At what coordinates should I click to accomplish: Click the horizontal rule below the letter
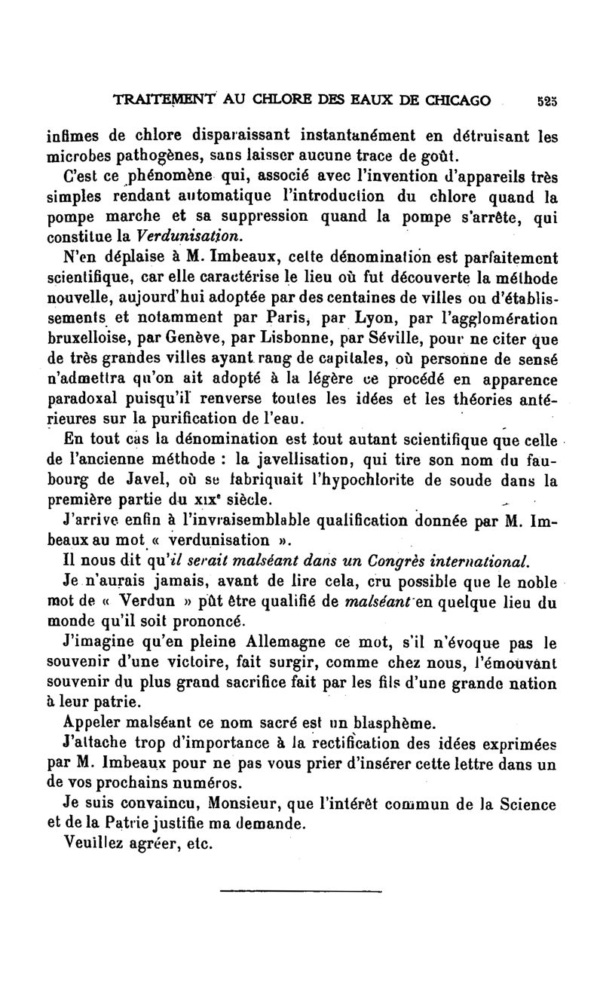pyautogui.click(x=301, y=891)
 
